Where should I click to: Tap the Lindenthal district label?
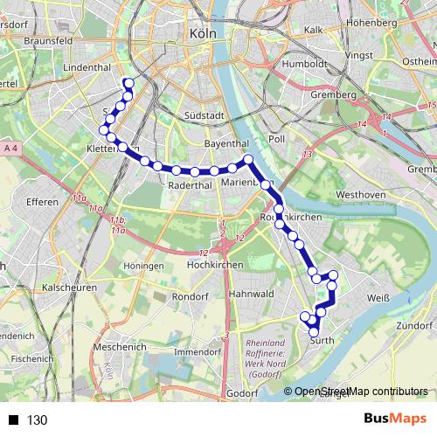87,66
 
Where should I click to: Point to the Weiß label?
378,299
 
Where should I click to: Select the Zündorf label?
415,325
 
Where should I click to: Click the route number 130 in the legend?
38,420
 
